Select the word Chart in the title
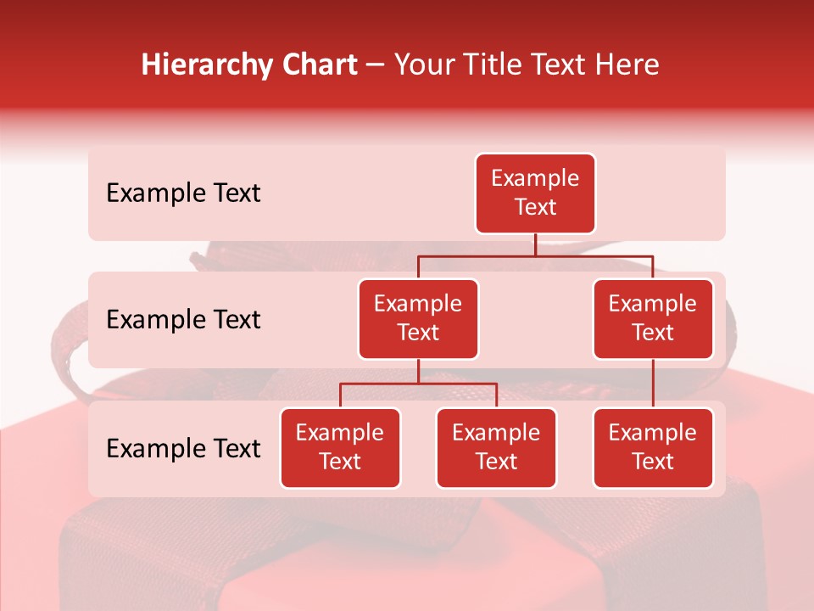tap(318, 65)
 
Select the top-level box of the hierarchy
tap(535, 193)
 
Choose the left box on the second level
tap(418, 318)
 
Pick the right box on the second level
tap(653, 318)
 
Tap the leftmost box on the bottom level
tap(340, 447)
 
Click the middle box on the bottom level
tap(496, 447)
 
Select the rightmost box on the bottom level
tap(653, 447)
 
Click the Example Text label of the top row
tap(183, 193)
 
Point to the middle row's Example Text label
tap(183, 320)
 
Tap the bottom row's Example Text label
tap(183, 449)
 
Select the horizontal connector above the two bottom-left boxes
tap(418, 384)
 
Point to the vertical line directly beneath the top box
tap(535, 244)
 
